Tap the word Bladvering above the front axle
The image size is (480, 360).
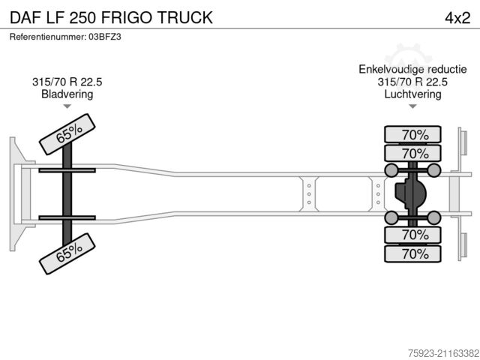(x=67, y=94)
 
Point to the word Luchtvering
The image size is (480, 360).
(x=412, y=94)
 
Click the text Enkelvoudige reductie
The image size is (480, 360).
(x=412, y=70)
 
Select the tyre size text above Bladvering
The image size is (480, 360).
(x=67, y=82)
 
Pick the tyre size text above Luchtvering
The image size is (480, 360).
(x=412, y=82)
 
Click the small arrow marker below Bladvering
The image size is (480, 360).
(x=67, y=108)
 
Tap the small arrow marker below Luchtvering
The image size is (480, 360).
(x=412, y=108)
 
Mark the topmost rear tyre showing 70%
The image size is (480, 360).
(x=414, y=135)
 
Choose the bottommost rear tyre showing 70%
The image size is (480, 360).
(x=414, y=254)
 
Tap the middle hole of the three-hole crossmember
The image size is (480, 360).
(x=309, y=193)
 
